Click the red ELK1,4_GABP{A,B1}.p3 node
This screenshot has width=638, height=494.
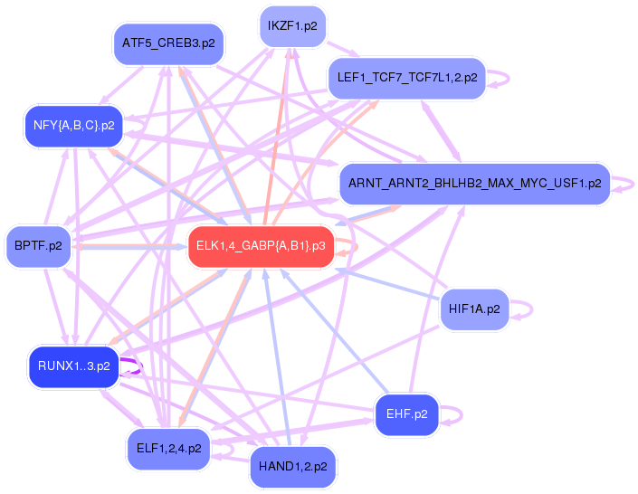[x=260, y=246]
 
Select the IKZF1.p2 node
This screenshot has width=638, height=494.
[x=292, y=26]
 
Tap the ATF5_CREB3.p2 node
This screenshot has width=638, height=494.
[x=168, y=43]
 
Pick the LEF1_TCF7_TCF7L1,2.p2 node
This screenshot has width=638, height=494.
[x=406, y=77]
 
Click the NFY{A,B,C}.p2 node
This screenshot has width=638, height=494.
[x=73, y=126]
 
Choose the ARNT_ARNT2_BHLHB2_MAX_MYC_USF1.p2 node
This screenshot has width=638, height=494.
[x=473, y=184]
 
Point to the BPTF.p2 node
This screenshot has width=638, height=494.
[x=38, y=245]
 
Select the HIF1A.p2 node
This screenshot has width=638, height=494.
[x=473, y=309]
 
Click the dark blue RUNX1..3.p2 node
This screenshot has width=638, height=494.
[x=73, y=366]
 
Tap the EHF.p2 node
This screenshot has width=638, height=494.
[x=406, y=415]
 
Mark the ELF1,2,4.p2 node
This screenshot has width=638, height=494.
[x=168, y=448]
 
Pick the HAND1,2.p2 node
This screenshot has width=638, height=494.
[x=292, y=466]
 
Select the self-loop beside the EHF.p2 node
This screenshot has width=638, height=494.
[x=460, y=415]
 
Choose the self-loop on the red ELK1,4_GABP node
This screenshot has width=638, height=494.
[x=354, y=246]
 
